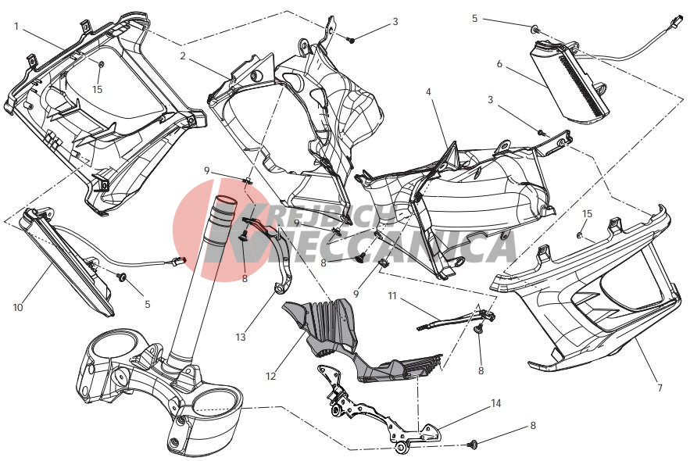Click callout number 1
(x=16, y=27)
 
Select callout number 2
(x=183, y=55)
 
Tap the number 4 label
(x=428, y=92)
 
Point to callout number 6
(x=499, y=64)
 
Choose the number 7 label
(x=660, y=388)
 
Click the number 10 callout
(x=18, y=308)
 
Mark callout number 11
(x=392, y=295)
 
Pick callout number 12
(x=270, y=376)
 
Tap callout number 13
(x=240, y=338)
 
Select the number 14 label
(x=496, y=403)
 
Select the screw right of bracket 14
(x=474, y=445)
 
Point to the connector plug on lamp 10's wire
(x=179, y=261)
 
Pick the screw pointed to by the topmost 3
(x=351, y=40)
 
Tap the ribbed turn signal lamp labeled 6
(x=571, y=83)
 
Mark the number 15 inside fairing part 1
(x=97, y=89)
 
